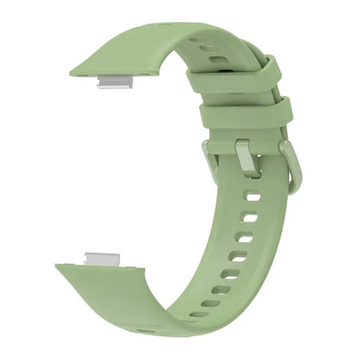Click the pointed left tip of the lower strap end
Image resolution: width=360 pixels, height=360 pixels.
coord(60,260)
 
